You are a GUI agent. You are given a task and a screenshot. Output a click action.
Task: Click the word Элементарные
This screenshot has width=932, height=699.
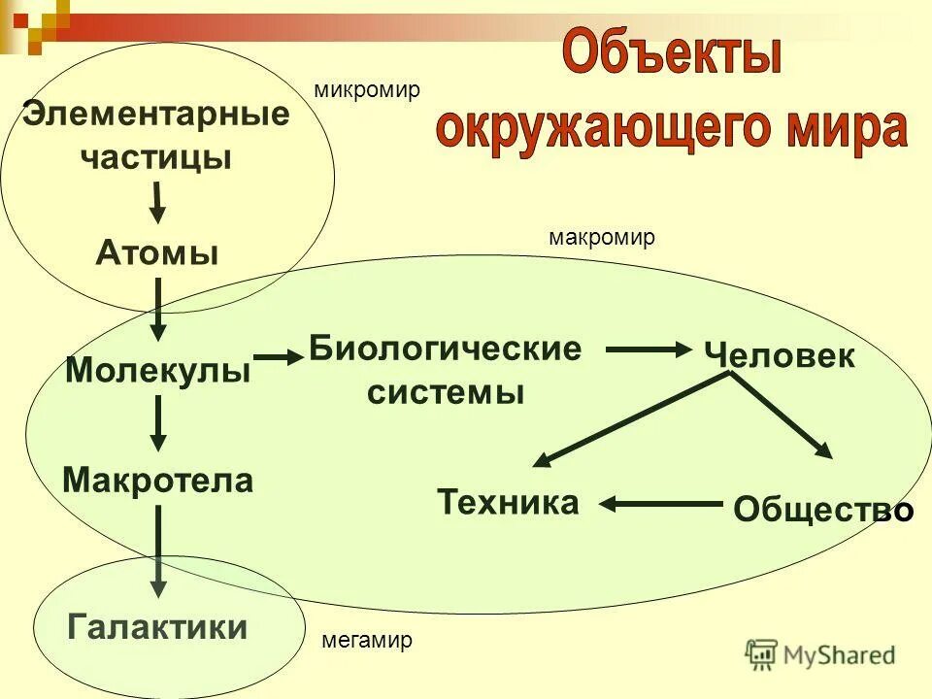(155, 115)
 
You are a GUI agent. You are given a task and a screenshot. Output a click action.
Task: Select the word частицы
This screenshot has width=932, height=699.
(155, 157)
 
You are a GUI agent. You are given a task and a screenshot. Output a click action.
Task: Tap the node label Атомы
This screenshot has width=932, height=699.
(156, 254)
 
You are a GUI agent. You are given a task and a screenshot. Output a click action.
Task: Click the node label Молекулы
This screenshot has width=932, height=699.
(157, 370)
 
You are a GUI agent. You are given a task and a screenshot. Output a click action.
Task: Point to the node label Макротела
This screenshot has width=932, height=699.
(157, 480)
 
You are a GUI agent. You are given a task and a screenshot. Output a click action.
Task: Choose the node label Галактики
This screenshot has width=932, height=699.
(157, 626)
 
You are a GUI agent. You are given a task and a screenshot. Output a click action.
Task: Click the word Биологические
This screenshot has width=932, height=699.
(445, 349)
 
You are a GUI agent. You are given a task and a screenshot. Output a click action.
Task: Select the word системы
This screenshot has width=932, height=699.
(445, 392)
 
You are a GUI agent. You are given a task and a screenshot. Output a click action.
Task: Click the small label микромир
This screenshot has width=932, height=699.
(367, 90)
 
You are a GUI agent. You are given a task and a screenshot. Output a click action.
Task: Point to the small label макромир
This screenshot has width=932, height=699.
(602, 238)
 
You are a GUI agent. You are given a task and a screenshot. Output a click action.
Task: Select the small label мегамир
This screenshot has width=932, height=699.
(367, 641)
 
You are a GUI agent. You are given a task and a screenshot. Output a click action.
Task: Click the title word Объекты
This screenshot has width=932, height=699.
(672, 55)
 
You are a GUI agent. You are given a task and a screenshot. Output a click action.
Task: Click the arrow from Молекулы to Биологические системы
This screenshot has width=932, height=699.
(280, 358)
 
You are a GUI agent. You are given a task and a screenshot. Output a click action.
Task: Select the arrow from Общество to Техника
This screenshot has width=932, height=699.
(662, 503)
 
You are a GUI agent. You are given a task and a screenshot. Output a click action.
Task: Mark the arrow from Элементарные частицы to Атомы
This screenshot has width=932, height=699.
(156, 201)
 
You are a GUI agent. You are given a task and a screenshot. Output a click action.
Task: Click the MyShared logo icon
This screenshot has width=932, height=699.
(762, 655)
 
